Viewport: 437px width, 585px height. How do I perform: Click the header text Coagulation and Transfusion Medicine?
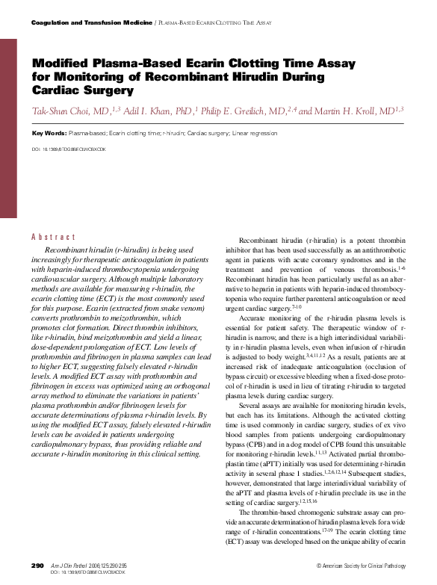coord(90,24)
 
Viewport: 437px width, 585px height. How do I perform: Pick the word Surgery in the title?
coord(114,90)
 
